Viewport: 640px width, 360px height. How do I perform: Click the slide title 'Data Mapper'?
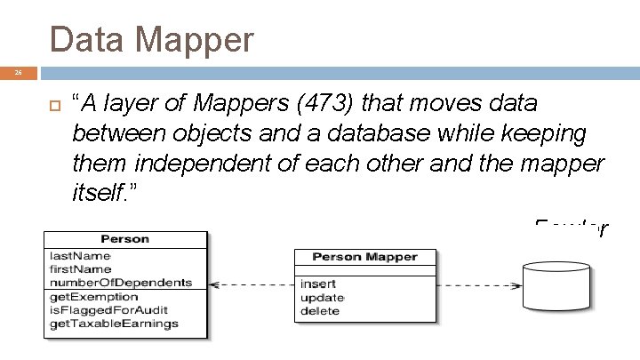152,39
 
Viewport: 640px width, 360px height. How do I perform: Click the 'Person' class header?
125,239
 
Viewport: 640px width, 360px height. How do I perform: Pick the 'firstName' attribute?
81,269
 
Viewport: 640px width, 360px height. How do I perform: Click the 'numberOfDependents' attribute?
120,283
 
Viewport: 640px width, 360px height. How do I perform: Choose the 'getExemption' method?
94,296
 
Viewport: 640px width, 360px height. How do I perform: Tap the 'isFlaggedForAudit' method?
108,309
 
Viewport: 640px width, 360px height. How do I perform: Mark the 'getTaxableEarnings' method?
114,323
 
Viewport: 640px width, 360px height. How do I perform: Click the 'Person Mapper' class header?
364,257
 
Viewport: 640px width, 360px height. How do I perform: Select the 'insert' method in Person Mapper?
317,284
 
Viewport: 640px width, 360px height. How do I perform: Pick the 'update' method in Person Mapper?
322,298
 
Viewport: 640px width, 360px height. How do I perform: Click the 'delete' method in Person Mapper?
319,311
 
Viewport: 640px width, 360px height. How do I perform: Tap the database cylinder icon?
557,284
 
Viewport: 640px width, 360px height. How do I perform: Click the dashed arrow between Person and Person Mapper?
252,285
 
